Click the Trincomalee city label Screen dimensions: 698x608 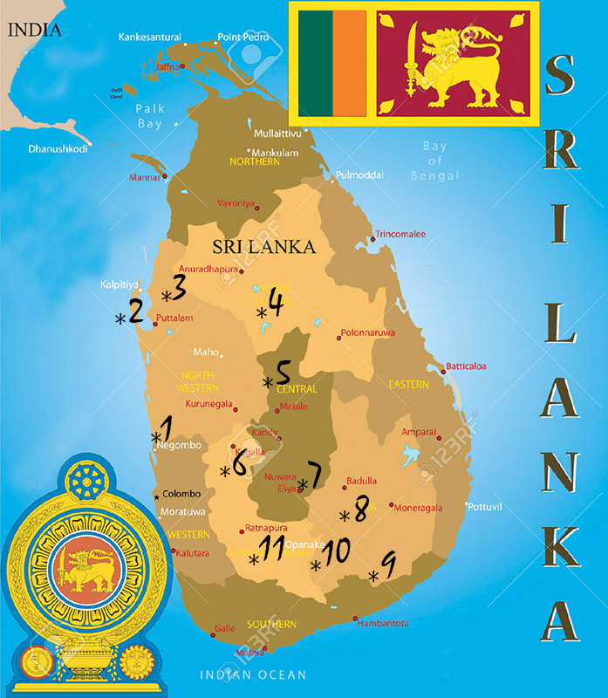[x=400, y=234]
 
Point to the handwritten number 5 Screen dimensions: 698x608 [x=284, y=373]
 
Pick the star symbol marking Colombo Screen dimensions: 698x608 [x=156, y=496]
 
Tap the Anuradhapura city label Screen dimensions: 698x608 [x=208, y=269]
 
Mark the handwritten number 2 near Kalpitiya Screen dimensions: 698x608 [x=136, y=311]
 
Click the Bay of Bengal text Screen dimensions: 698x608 [x=434, y=161]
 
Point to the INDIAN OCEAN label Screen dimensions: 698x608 [x=253, y=674]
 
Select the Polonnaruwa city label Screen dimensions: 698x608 [x=367, y=332]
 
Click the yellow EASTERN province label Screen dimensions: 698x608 [x=408, y=384]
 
